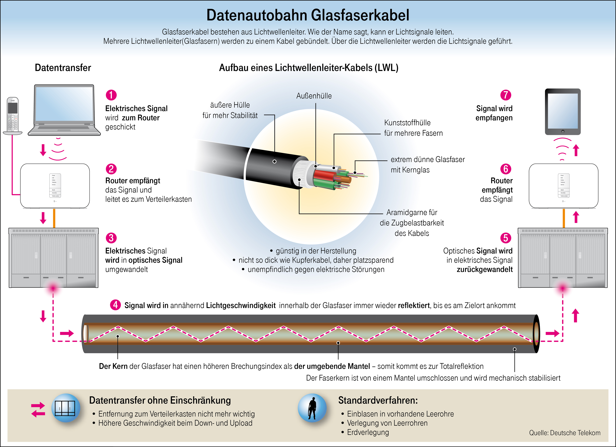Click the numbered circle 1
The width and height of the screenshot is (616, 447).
tap(111, 95)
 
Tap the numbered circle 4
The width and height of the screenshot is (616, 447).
tap(115, 305)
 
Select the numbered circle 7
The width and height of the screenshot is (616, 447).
tap(506, 95)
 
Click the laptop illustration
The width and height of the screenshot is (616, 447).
tap(64, 110)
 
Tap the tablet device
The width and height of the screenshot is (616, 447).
tap(563, 112)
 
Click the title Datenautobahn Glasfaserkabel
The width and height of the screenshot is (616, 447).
tap(308, 15)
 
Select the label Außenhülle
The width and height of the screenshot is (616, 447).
tap(314, 96)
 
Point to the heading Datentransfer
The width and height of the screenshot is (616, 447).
tap(63, 68)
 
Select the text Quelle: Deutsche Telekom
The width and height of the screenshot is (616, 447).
tap(565, 433)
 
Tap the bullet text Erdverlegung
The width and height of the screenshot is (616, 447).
tap(368, 432)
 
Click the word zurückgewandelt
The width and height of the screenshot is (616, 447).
tap(485, 269)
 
